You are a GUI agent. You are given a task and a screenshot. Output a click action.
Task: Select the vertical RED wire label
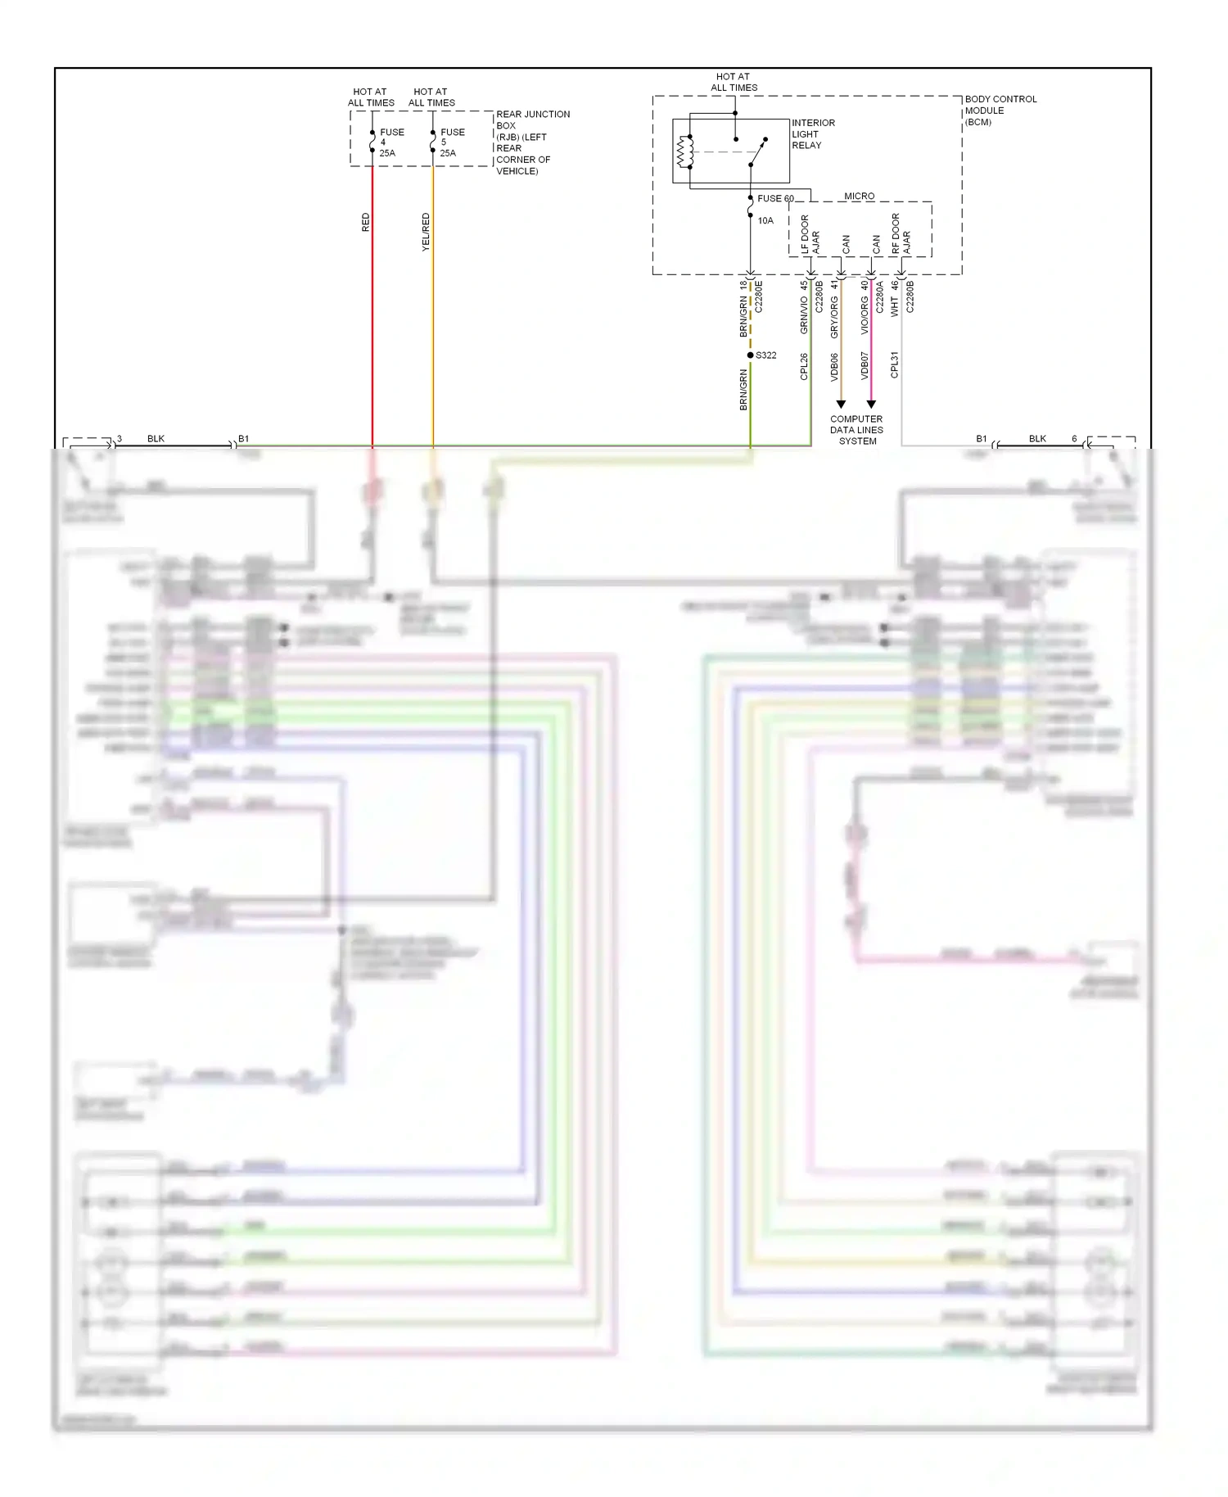tap(366, 223)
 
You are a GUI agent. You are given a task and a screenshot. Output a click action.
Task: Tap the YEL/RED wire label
tap(426, 232)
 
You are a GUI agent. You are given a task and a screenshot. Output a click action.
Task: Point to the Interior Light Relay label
tap(812, 134)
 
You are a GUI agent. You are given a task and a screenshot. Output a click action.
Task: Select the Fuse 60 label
tap(774, 199)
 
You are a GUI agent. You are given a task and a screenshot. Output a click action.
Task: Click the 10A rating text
tap(765, 220)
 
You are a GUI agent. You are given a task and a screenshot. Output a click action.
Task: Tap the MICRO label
tap(859, 197)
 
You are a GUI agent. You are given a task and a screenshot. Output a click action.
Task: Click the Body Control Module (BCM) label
tap(1000, 111)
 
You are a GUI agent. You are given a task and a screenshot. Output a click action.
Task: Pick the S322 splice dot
tap(750, 355)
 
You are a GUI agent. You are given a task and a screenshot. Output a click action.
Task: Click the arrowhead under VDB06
tap(841, 405)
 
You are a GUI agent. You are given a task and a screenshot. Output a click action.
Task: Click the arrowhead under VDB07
tap(871, 405)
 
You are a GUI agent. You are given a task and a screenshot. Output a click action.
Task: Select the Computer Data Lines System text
tap(856, 430)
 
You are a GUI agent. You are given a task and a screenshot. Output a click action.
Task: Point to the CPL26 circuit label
tap(804, 367)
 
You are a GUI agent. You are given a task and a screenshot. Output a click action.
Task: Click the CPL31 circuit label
tap(895, 364)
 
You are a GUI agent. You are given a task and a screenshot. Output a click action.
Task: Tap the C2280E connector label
tap(759, 296)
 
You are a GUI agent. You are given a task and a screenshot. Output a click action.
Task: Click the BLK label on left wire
tap(156, 439)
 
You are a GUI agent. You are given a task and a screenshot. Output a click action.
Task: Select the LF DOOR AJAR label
tap(810, 235)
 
